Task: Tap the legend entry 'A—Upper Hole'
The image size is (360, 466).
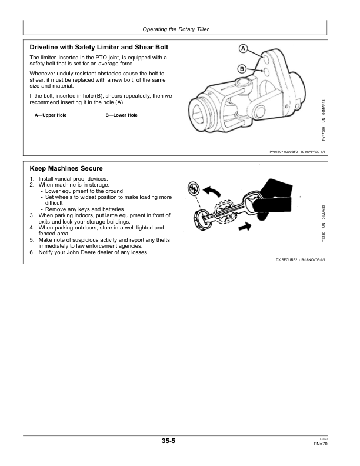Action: (51, 115)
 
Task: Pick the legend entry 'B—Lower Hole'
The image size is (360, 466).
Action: (122, 115)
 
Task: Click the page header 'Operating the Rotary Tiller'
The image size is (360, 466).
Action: (176, 29)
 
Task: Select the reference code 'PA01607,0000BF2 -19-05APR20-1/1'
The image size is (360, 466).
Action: (297, 152)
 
